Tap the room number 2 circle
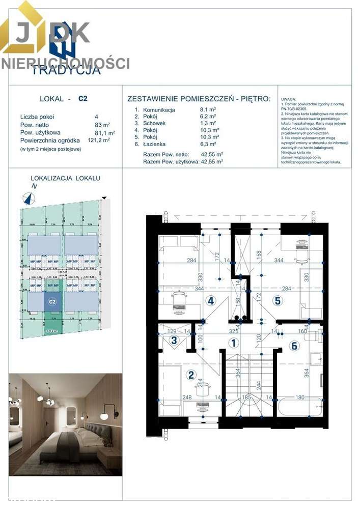191,376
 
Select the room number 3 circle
174,341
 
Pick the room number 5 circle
278,300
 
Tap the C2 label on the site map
51,302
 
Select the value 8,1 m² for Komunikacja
208,109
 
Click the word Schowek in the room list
154,123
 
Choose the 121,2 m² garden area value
99,140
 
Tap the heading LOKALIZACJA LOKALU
65,178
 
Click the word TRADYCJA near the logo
66,71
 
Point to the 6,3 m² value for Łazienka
208,144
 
